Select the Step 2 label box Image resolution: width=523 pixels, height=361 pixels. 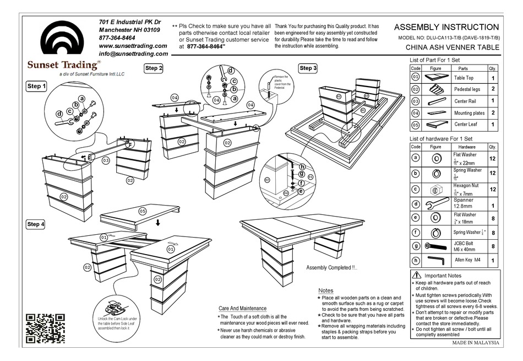click(x=154, y=68)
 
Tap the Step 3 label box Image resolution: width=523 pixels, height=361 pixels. click(x=308, y=68)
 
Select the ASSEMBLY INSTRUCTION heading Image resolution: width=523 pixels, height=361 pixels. click(x=446, y=27)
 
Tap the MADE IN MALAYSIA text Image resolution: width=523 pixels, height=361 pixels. click(x=475, y=342)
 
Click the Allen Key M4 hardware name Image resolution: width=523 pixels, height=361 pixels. click(x=467, y=260)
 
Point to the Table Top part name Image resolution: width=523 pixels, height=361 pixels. click(x=464, y=78)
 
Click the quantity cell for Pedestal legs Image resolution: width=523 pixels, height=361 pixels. click(x=492, y=89)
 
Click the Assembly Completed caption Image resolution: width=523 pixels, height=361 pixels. click(x=331, y=268)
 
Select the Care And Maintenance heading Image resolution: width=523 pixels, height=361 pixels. click(x=242, y=308)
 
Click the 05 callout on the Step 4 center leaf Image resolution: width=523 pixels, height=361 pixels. click(x=142, y=211)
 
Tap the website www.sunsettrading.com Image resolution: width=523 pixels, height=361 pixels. click(x=133, y=46)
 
